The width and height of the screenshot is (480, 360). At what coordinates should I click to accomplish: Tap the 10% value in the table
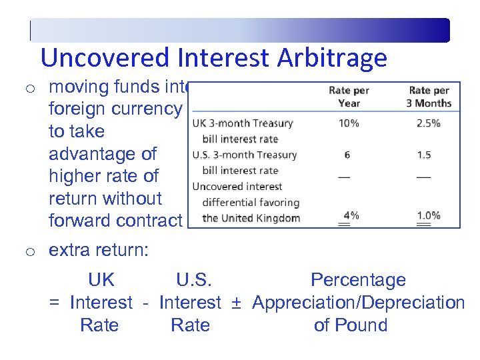pos(348,123)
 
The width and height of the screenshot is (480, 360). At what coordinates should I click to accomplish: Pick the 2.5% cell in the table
pos(428,123)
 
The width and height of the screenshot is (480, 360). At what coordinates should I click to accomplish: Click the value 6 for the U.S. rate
pos(347,155)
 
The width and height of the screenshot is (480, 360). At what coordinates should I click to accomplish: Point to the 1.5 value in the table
pos(424,155)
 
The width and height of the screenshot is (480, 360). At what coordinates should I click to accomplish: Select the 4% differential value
pos(349,215)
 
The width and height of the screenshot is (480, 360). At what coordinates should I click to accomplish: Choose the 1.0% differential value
pos(428,215)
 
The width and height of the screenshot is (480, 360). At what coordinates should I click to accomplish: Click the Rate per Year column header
pos(349,97)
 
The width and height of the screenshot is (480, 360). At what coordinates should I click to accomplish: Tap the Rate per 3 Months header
pos(429,97)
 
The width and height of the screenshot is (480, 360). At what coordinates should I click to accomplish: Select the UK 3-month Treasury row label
pos(243,123)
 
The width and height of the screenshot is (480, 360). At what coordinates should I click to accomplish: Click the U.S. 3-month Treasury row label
pos(245,155)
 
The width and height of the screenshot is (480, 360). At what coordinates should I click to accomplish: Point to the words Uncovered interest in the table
pos(237,187)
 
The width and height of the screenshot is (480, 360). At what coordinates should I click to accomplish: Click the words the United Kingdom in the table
pos(251,218)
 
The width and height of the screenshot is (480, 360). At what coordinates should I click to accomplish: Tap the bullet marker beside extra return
pos(29,252)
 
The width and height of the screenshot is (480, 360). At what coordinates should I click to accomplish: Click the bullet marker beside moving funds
pos(29,87)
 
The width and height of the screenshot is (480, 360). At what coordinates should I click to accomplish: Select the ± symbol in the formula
pos(235,303)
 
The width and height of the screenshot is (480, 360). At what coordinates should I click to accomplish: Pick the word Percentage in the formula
pos(358,280)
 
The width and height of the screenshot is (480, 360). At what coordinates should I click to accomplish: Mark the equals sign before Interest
pos(55,303)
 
